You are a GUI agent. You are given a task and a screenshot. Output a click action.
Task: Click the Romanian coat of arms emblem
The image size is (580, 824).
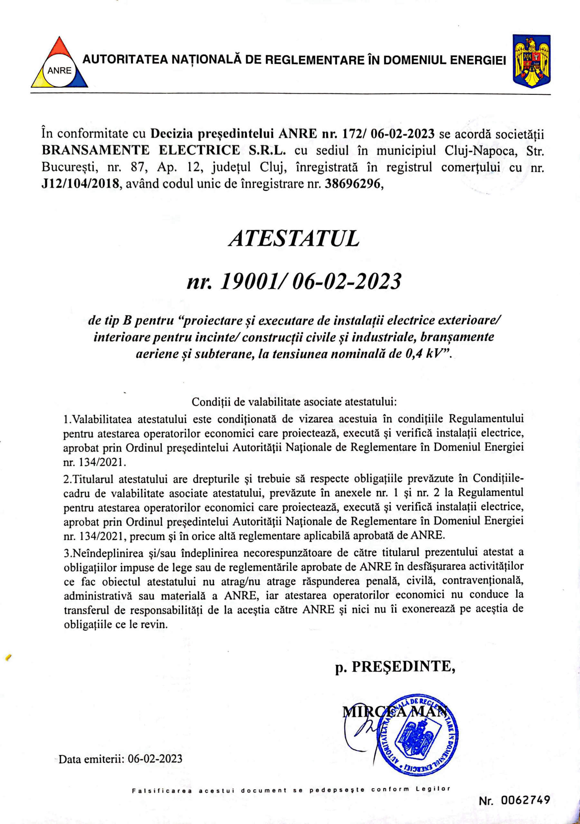point(531,61)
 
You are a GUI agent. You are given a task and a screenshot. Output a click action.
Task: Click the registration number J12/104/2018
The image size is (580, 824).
point(80,184)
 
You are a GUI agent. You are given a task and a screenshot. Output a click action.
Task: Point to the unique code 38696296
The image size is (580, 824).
point(352,184)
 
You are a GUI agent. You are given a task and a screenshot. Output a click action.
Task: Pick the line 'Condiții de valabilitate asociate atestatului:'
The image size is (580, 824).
point(294,402)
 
